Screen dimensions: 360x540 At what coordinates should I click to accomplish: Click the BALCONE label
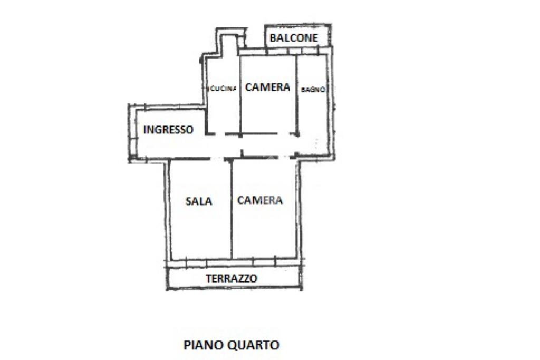click(294, 38)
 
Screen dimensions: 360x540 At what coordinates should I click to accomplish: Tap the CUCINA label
click(223, 89)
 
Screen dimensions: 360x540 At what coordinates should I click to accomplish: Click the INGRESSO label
click(168, 129)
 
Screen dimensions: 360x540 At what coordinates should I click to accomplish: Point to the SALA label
click(199, 201)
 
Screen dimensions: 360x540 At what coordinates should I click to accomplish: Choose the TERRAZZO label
click(232, 278)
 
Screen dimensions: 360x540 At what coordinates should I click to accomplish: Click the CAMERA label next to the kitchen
click(267, 87)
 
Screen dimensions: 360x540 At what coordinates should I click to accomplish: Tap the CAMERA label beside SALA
click(259, 200)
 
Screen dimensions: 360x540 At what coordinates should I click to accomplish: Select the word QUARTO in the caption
click(253, 346)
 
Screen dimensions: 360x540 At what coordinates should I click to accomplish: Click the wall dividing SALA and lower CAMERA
click(232, 211)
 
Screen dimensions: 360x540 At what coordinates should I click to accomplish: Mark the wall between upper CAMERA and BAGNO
click(296, 95)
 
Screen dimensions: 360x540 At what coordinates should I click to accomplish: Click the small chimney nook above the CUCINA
click(228, 45)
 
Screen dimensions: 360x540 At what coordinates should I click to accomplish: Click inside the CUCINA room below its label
click(223, 113)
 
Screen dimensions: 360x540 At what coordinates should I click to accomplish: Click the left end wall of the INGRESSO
click(130, 132)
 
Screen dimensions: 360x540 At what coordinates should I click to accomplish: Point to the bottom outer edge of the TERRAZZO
click(235, 288)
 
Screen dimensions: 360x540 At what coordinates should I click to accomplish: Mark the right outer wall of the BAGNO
click(333, 105)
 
